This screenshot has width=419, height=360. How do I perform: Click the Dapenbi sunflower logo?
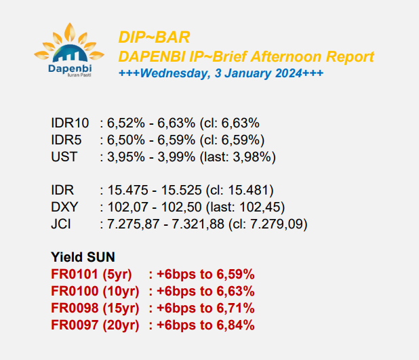[x=69, y=50]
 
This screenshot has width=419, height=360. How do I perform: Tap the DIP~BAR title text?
[x=154, y=37]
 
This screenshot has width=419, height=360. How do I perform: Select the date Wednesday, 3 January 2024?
[x=221, y=73]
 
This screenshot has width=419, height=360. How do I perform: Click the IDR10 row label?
[x=70, y=123]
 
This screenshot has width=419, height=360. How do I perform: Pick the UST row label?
[x=64, y=157]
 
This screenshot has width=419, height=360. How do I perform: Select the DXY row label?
[x=64, y=207]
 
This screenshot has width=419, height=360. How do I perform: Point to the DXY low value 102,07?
[x=127, y=207]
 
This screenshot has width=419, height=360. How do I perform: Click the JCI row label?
[x=61, y=224]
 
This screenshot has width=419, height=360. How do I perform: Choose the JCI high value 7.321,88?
[x=198, y=224]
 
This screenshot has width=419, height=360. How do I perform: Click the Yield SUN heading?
[x=83, y=257]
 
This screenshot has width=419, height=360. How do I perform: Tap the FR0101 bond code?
[x=75, y=274]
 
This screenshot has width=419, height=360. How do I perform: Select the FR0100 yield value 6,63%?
[x=235, y=291]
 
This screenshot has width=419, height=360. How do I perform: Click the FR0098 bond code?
[x=75, y=308]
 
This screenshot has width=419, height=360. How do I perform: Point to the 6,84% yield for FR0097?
[x=235, y=325]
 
